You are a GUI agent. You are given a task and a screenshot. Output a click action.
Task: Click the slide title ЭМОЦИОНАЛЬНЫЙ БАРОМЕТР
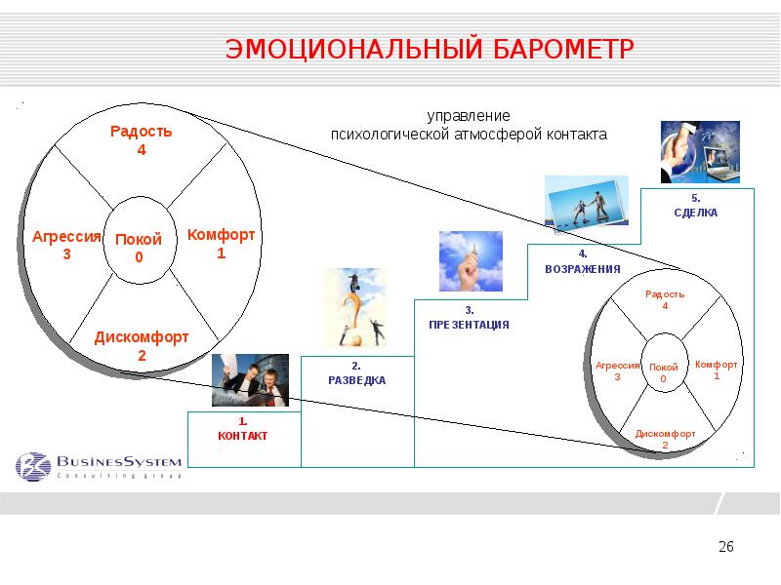(431, 49)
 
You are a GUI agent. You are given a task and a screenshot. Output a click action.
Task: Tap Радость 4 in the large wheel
(141, 140)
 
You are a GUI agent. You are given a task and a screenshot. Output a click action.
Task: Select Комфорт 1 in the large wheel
(222, 244)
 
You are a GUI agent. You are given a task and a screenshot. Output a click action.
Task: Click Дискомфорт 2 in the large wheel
(142, 346)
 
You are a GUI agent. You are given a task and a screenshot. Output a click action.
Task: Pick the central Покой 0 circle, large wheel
(139, 249)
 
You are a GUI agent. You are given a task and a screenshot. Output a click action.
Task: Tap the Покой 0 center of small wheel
(663, 371)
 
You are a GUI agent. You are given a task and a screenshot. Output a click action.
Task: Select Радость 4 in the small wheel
(665, 299)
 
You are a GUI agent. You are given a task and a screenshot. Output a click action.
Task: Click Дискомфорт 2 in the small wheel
(665, 439)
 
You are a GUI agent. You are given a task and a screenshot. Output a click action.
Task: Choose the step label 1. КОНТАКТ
(242, 429)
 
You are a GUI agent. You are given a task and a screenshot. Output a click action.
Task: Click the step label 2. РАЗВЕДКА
(356, 373)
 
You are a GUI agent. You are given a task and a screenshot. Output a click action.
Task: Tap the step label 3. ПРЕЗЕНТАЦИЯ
(469, 317)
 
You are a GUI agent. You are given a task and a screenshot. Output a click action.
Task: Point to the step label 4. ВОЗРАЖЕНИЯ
(582, 261)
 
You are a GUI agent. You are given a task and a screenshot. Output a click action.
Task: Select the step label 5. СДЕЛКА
(695, 205)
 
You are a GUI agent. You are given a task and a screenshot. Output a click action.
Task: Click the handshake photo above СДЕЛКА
(700, 152)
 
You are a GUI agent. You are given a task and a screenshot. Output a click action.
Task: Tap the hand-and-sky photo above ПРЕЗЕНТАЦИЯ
(471, 261)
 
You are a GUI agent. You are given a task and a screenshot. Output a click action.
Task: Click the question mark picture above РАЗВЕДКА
(355, 308)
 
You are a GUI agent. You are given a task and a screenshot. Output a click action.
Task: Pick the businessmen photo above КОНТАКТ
(250, 380)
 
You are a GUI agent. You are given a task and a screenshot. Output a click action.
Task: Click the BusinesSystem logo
(99, 465)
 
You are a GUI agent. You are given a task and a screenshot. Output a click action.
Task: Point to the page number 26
(725, 547)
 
